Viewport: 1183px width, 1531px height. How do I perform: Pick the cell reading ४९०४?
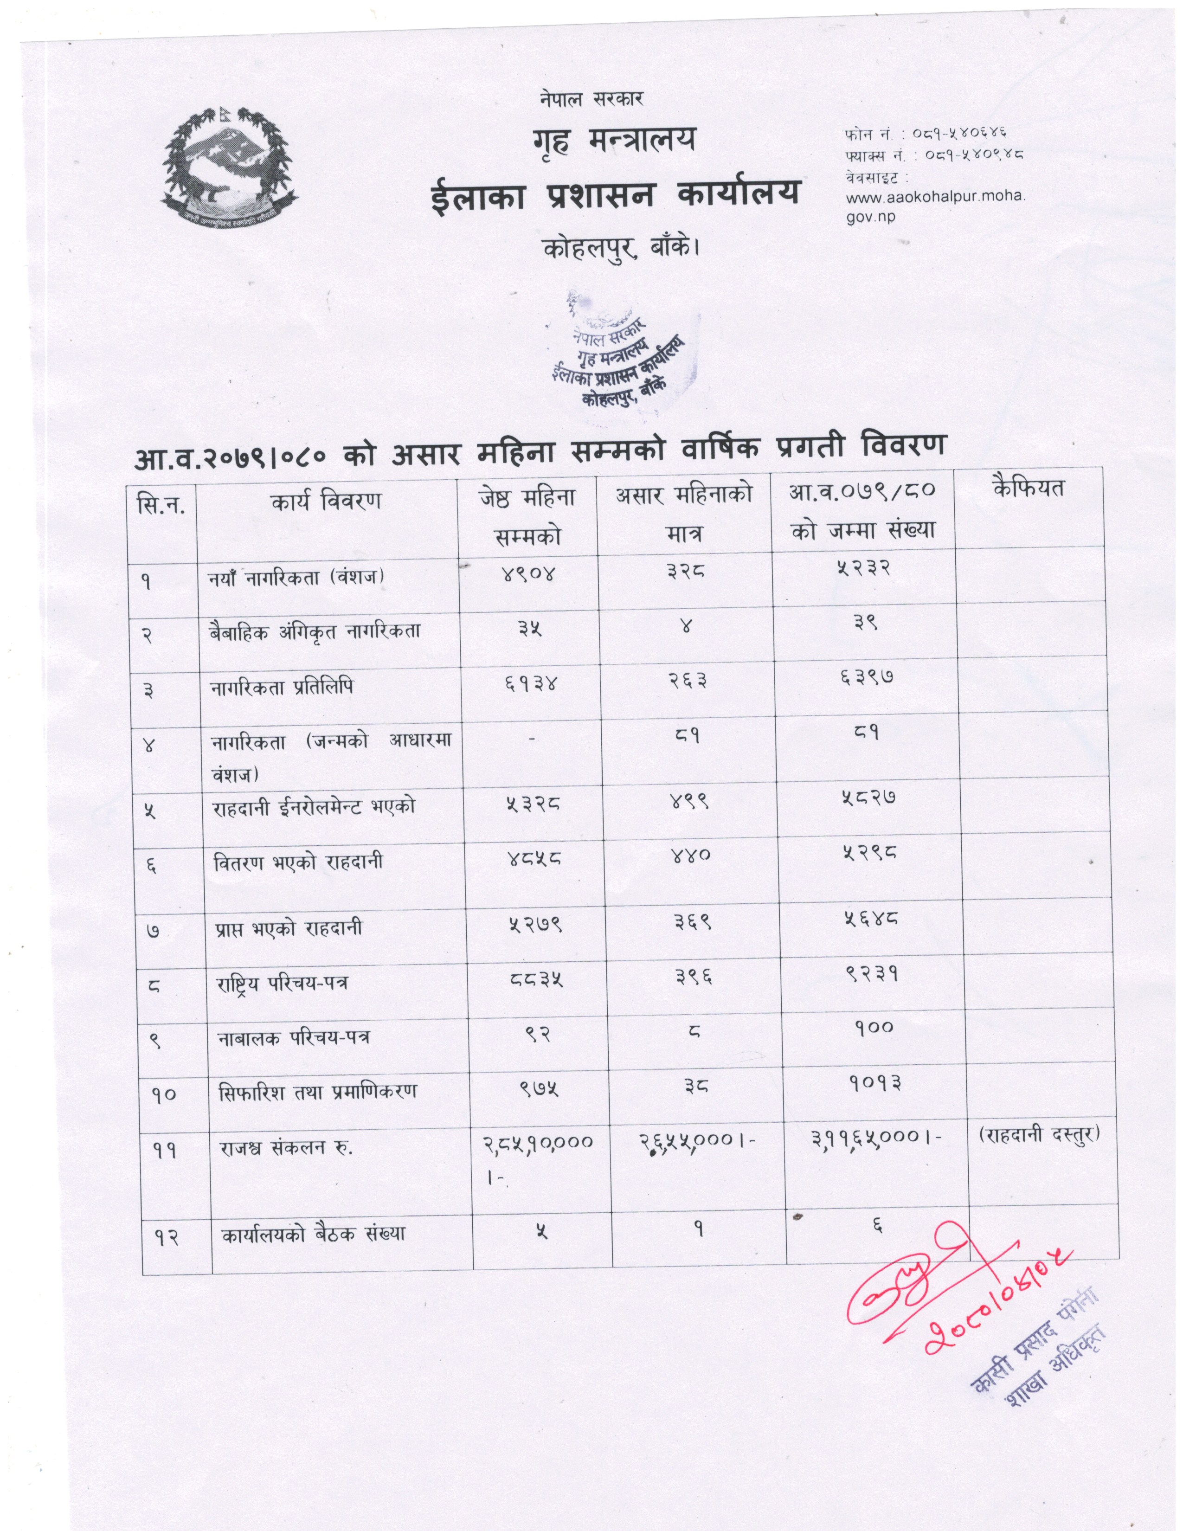point(528,574)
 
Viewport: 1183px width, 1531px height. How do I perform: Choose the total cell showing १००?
point(874,1028)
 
